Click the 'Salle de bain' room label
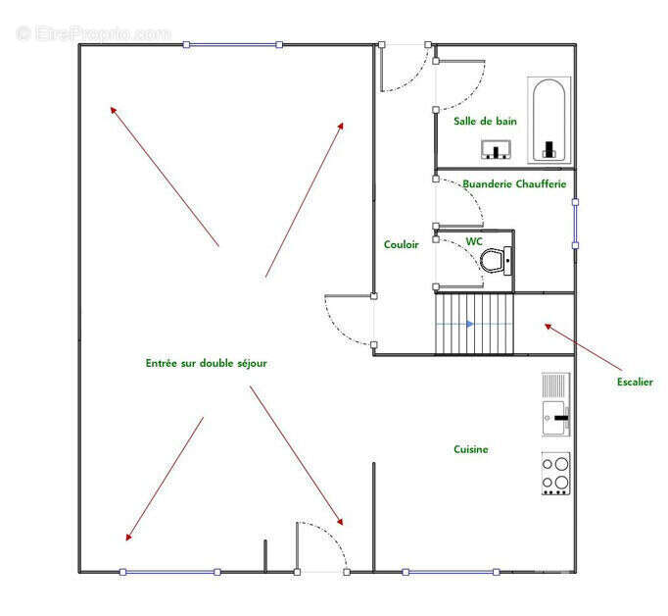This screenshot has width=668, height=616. point(485,122)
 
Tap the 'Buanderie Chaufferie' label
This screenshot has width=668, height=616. point(514,183)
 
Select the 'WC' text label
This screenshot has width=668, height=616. point(474,241)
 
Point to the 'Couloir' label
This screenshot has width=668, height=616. point(401,244)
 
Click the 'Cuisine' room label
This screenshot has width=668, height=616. point(471,449)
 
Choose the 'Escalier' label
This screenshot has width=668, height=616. point(635,382)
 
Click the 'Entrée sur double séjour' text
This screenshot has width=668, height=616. point(207,363)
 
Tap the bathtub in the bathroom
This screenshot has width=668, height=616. point(549,120)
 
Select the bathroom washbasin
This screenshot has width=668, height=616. point(496,149)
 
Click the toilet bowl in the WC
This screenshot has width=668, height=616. point(496,261)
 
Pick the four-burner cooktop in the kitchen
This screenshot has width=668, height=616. point(556,474)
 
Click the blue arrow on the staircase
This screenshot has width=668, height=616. point(469,324)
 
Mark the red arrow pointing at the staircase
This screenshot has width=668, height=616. point(583,347)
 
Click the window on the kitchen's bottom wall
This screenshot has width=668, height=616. point(451,572)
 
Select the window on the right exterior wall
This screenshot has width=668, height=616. point(575,224)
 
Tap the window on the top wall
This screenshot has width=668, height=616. point(232,44)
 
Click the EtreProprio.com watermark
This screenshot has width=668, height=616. point(94,33)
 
